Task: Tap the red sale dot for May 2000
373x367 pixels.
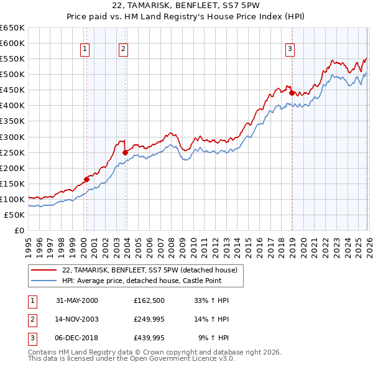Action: [87, 179]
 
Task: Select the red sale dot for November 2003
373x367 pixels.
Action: [125, 152]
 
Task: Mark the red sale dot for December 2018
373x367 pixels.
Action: [292, 93]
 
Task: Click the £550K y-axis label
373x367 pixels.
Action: [12, 59]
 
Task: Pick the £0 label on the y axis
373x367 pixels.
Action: [19, 231]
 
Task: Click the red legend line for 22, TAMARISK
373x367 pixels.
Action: [44, 271]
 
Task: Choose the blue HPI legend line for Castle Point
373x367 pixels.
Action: [44, 281]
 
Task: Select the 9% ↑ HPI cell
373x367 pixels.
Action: [213, 338]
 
